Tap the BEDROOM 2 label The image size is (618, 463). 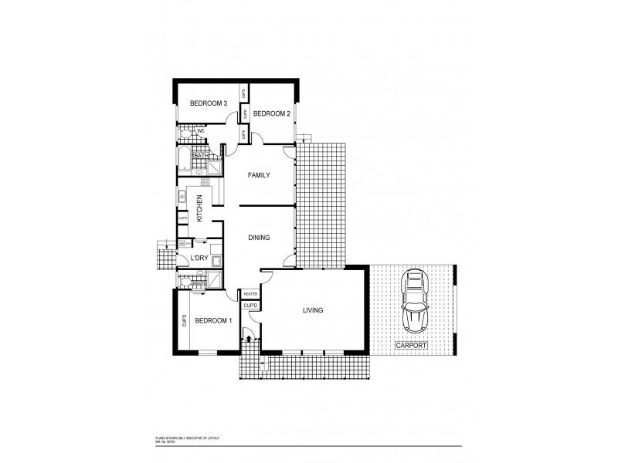tap(272, 114)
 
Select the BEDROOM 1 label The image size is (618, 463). tap(213, 320)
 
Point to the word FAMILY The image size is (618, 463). tap(259, 176)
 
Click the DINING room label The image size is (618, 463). tap(259, 238)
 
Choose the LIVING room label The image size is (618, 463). tap(312, 310)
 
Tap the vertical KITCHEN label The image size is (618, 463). tap(199, 208)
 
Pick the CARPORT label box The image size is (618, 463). tap(411, 345)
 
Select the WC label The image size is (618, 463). tap(201, 131)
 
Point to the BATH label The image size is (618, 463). tap(200, 157)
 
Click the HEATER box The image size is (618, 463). tap(251, 295)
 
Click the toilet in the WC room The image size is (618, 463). tap(185, 135)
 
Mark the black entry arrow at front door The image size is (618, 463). tap(248, 336)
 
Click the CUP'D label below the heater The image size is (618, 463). tap(251, 306)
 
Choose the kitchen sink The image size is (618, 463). tap(182, 198)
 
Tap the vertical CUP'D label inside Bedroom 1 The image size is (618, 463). tap(185, 321)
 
